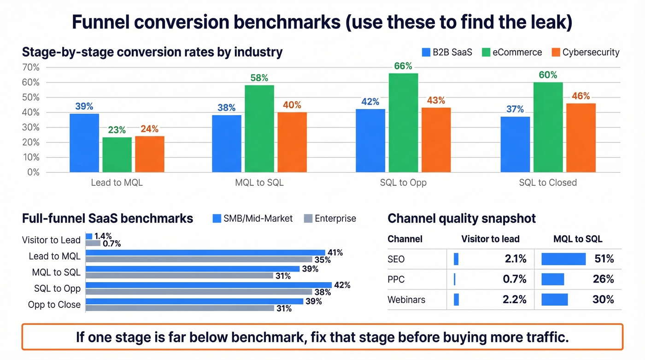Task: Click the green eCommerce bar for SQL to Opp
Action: coord(403,123)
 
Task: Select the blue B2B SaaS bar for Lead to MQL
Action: coord(84,143)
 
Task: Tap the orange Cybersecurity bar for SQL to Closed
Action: coord(580,138)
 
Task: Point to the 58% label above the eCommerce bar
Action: coord(259,78)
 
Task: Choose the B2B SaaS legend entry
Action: coord(447,52)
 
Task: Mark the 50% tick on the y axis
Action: coord(31,97)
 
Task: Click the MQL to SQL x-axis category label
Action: coord(259,183)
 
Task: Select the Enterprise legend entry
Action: coord(330,218)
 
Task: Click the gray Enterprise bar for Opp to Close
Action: coord(180,308)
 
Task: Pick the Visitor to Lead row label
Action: coord(51,240)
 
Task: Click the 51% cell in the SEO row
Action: coord(604,259)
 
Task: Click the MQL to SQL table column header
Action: coord(578,239)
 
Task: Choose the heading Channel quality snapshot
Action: coord(462,218)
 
